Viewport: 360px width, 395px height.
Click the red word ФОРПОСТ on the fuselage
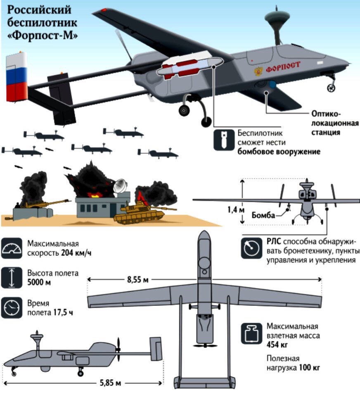click(x=283, y=67)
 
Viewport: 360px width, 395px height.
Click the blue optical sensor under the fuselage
click(x=273, y=85)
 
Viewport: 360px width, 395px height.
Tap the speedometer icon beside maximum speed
click(x=11, y=248)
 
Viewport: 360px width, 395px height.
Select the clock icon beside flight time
click(x=11, y=307)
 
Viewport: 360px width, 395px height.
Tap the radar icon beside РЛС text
click(x=251, y=248)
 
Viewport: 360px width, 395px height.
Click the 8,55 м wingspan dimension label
click(x=138, y=280)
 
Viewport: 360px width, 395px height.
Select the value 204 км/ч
click(x=76, y=252)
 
